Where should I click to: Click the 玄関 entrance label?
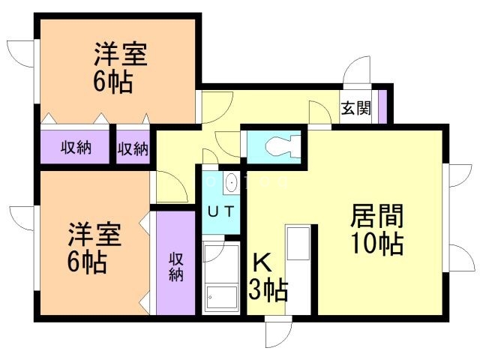point(356,108)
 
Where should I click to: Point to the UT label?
point(220,211)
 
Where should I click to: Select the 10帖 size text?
point(377,244)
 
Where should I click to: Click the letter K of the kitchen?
point(261,262)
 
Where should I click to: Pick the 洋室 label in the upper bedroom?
point(119,56)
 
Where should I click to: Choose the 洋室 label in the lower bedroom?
point(93,233)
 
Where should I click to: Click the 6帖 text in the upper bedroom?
point(113,81)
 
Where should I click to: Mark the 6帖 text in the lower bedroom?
point(86,262)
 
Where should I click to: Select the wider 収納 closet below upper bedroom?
point(76,148)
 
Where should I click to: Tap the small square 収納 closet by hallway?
point(133,148)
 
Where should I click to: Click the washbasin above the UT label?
point(231,182)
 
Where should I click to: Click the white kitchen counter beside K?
point(298,270)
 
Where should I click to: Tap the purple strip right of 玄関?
point(381,106)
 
